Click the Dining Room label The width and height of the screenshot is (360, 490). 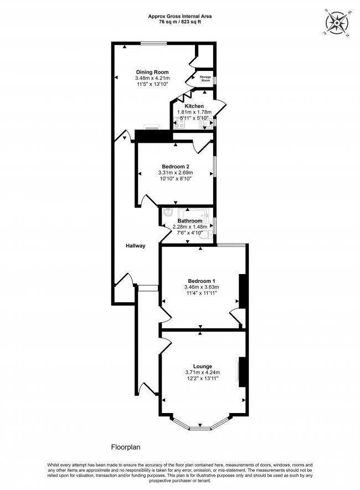pos(152,72)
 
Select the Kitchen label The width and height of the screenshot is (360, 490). pos(194,106)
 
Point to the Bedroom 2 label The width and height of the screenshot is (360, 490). pos(176,166)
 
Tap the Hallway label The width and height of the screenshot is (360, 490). pos(135,246)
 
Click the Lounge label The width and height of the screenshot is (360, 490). pos(202,366)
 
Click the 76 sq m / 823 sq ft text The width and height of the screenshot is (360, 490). pos(180,23)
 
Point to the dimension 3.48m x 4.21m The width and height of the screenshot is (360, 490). pos(152,79)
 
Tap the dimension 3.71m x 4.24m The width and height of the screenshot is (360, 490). pos(202,373)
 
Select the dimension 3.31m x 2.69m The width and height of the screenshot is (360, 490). pos(176,173)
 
